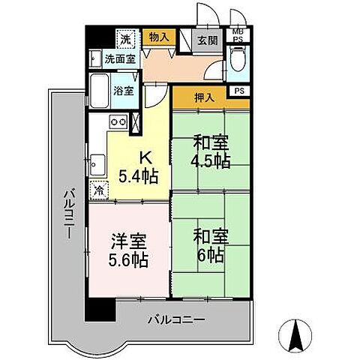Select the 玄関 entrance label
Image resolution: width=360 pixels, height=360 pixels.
pyautogui.click(x=207, y=40)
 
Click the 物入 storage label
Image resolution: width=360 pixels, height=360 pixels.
pyautogui.click(x=157, y=37)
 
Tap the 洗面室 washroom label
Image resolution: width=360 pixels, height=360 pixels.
pyautogui.click(x=118, y=58)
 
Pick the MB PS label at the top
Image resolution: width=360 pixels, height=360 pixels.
pyautogui.click(x=237, y=34)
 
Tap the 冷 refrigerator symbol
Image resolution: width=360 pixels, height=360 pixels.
pyautogui.click(x=97, y=189)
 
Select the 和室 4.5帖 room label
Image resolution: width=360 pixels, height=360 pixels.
pyautogui.click(x=210, y=151)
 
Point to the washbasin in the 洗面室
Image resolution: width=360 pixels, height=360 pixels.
pyautogui.click(x=95, y=57)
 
